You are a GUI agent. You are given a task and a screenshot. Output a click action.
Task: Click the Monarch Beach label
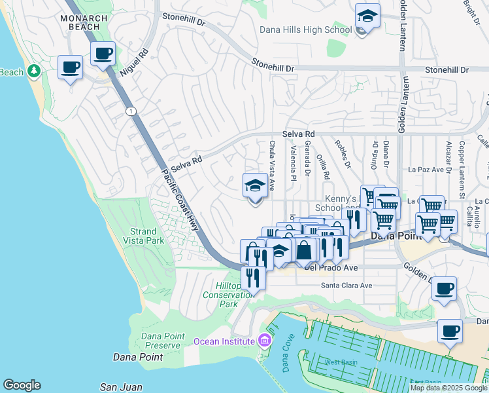(x=80, y=22)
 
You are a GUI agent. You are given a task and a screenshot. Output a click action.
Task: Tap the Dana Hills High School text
(x=305, y=29)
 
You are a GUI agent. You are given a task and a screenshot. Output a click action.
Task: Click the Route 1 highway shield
(x=131, y=111)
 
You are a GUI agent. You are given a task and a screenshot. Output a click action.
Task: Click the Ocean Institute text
(x=223, y=341)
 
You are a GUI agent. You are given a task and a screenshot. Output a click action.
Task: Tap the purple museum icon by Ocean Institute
(x=263, y=340)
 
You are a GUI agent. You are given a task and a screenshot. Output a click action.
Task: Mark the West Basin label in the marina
(x=341, y=362)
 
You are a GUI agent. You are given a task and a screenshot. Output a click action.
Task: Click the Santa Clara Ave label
(x=346, y=286)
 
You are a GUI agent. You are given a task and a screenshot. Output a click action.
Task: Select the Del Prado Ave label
(x=331, y=267)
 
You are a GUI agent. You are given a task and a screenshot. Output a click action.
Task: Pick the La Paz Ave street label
(x=426, y=169)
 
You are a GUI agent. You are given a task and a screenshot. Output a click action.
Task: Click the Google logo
(x=22, y=385)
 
